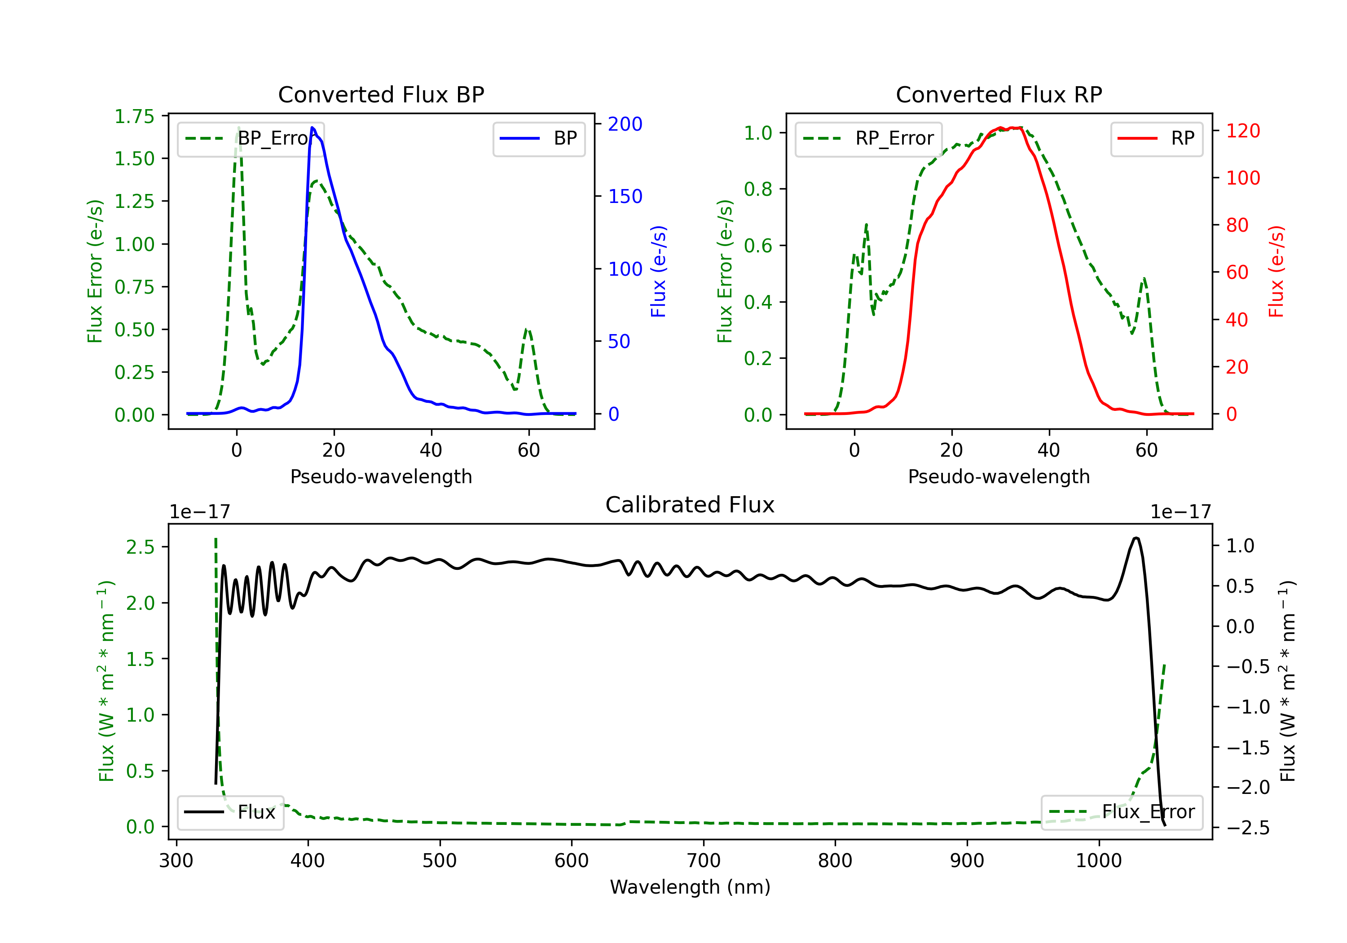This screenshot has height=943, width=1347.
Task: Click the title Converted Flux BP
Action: tap(381, 94)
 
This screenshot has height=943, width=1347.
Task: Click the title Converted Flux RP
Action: tap(999, 94)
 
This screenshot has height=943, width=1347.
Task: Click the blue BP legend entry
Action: tap(538, 138)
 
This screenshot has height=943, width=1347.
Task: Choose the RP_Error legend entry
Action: tap(868, 138)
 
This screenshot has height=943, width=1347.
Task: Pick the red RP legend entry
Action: tap(1156, 138)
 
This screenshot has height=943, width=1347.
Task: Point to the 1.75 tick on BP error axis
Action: tap(134, 116)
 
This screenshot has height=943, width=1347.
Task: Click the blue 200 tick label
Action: tap(625, 124)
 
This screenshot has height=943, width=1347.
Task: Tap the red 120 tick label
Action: tap(1242, 131)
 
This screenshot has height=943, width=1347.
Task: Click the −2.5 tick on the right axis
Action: tap(1248, 828)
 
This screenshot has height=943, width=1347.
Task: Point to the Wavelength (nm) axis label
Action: tap(690, 887)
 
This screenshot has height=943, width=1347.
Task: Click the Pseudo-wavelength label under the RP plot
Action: tap(999, 476)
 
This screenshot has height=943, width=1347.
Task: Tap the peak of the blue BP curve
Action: tap(313, 128)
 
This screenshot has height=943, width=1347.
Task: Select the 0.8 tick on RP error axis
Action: tap(757, 189)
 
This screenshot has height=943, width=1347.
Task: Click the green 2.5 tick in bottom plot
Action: tap(140, 547)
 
